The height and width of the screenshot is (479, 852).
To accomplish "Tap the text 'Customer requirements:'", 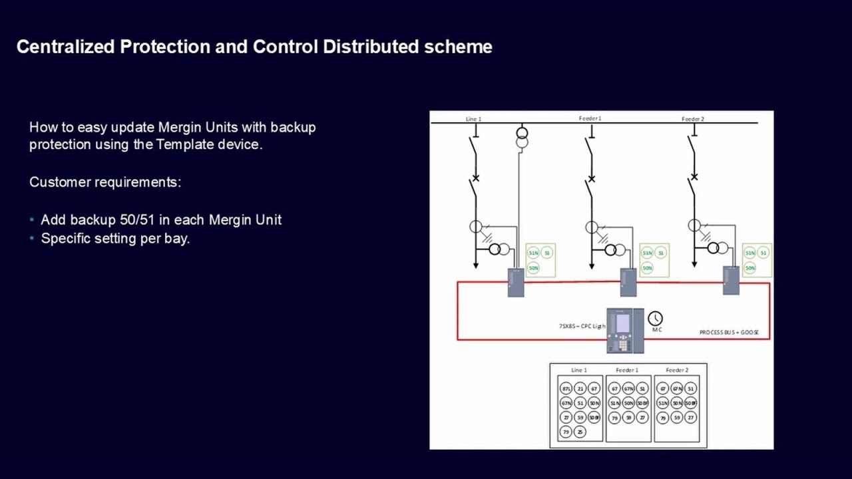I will [x=105, y=182].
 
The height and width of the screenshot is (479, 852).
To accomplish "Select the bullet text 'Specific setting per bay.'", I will [x=115, y=238].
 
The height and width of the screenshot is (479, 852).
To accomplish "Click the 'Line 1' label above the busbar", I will [x=473, y=119].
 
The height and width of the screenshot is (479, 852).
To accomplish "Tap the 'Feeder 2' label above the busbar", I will [x=693, y=119].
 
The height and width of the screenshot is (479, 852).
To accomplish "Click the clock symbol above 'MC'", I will [x=656, y=319].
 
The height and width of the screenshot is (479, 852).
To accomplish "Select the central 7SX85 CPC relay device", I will [x=625, y=330].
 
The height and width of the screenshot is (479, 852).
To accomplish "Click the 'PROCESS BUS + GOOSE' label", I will [x=729, y=332].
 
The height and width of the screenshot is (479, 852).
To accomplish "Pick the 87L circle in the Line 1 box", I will [x=566, y=389].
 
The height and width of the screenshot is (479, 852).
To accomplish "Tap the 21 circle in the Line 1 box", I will [x=580, y=389].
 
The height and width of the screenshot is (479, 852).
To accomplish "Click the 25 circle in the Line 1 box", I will [x=580, y=432].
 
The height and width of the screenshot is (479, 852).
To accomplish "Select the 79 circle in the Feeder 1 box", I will [x=614, y=418].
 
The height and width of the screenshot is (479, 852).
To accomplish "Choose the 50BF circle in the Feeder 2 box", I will [x=691, y=403].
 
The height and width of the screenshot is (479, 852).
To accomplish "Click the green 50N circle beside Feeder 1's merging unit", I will [x=647, y=268].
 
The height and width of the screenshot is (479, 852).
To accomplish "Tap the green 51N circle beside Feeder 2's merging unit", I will [x=749, y=253].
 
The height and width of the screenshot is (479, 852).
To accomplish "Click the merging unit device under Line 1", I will [x=516, y=282].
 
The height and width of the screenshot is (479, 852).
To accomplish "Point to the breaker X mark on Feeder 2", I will [x=694, y=178].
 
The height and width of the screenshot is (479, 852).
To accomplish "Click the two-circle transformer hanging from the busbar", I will [x=522, y=138].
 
